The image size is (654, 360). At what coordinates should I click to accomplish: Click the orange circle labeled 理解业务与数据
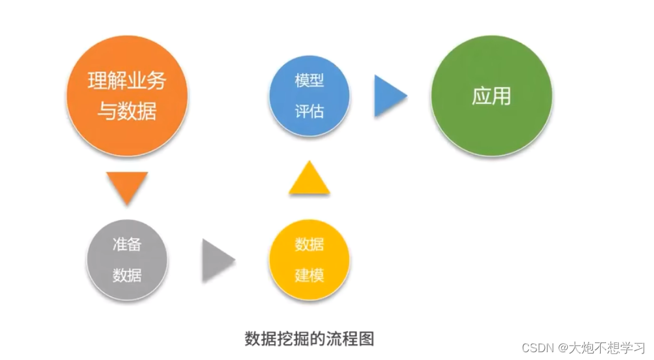127,96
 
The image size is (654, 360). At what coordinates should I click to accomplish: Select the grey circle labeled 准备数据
127,260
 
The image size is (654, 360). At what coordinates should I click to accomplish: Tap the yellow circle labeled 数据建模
309,260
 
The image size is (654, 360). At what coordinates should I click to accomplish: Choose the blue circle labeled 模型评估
309,96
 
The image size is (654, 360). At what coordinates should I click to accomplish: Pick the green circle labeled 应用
492,96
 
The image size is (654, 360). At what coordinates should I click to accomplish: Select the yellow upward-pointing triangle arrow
309,179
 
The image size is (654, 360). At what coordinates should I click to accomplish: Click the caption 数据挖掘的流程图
309,338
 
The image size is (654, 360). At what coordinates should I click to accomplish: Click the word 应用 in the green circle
492,96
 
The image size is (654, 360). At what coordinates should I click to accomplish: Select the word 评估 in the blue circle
309,112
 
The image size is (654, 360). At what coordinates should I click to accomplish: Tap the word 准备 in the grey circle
127,245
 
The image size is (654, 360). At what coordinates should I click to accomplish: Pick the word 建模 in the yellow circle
309,275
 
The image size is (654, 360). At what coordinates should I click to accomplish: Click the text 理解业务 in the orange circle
127,81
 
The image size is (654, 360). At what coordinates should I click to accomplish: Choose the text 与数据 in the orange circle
127,111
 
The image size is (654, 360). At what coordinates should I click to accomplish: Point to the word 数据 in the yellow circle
309,245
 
